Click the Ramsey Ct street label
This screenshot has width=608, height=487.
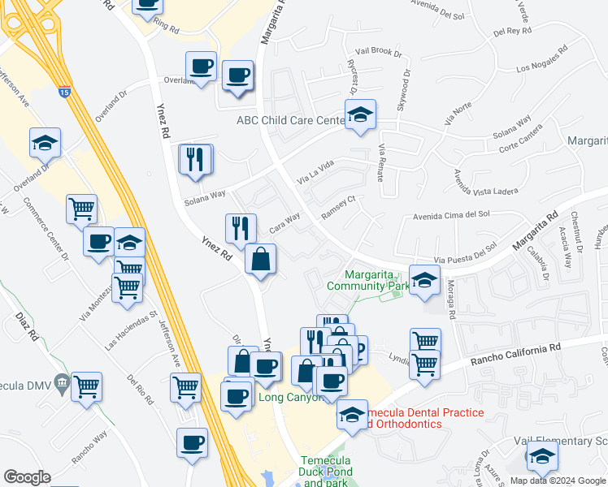coord(339,206)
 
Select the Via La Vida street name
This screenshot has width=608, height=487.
coord(315,171)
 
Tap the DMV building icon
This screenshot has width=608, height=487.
coord(62,383)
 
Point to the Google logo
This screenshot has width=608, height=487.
coord(27,477)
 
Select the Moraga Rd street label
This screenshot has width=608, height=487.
coord(452,300)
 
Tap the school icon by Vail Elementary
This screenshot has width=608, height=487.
coord(542,456)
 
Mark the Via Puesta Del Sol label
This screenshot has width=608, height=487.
coord(465,255)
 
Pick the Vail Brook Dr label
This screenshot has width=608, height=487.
coord(373,53)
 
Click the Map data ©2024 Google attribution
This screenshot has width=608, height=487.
coord(557,481)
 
